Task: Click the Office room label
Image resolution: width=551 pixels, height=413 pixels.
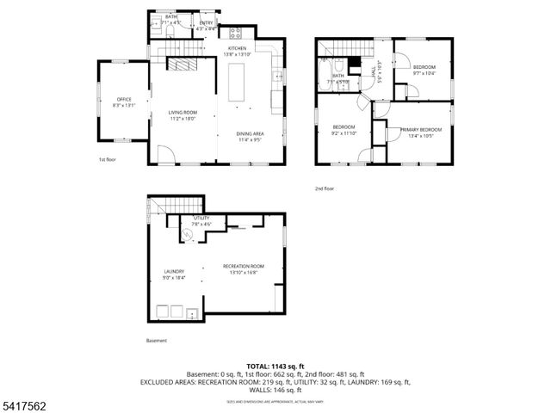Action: [x=124, y=100]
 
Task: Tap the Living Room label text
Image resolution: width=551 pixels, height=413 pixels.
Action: [x=183, y=113]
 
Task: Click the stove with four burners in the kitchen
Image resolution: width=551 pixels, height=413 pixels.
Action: [x=235, y=34]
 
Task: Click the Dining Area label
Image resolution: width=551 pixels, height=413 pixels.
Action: [x=251, y=133]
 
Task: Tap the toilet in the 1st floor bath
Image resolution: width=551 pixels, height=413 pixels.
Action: [x=170, y=31]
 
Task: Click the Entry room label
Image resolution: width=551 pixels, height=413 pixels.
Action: [x=206, y=23]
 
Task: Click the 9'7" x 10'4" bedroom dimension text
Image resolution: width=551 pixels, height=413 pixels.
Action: [x=424, y=73]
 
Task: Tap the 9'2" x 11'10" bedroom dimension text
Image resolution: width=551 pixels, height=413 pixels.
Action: [x=344, y=133]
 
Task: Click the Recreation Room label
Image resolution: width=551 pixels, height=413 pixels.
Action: [x=243, y=266]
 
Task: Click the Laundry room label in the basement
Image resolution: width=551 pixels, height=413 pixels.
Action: [x=174, y=272]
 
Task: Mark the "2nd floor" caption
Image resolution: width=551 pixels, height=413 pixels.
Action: [x=324, y=188]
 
